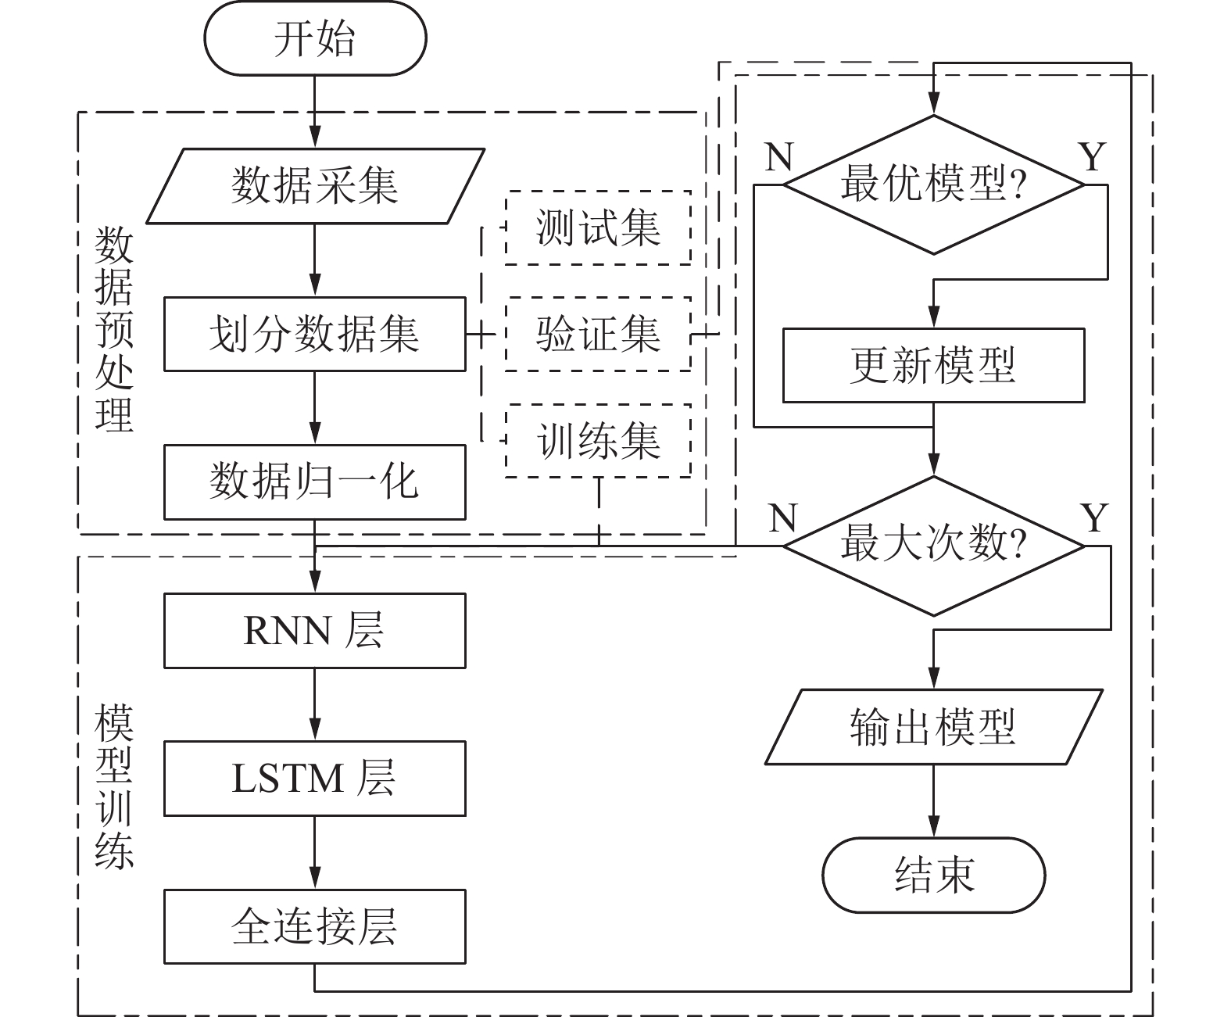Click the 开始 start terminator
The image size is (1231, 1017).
tap(315, 38)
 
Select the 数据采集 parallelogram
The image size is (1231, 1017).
tap(315, 186)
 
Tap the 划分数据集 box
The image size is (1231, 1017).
tap(314, 334)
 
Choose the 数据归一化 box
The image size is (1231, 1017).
tap(314, 482)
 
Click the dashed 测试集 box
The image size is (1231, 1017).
tap(598, 227)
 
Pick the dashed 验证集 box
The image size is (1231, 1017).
tap(598, 334)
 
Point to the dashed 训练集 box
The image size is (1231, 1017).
tap(598, 441)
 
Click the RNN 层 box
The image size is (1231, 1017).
tap(314, 630)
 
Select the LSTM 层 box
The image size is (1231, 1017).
tap(314, 779)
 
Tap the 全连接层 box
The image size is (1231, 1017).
tap(314, 926)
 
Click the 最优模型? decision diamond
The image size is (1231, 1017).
tap(933, 185)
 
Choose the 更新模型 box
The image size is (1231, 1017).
tap(933, 365)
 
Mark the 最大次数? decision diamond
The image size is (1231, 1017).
tap(933, 546)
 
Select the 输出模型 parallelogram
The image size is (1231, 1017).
tap(933, 726)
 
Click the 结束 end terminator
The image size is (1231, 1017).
tap(933, 875)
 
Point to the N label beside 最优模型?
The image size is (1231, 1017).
tap(779, 157)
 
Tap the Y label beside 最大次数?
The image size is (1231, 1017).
tap(1094, 517)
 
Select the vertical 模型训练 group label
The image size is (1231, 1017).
tap(114, 786)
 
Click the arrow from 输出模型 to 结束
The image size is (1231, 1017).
tap(933, 800)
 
